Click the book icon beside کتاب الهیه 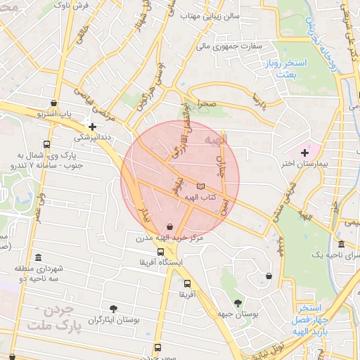click(202, 186)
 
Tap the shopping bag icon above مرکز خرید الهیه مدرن click(169, 226)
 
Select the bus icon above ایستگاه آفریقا click(161, 252)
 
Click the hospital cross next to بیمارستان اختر click(304, 152)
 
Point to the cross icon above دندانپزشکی click(92, 126)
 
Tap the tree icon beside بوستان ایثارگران click(113, 309)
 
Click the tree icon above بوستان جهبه click(238, 302)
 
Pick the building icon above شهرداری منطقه click(37, 257)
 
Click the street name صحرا click(205, 103)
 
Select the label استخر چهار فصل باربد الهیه click(307, 319)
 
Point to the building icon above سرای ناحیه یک click(341, 243)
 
